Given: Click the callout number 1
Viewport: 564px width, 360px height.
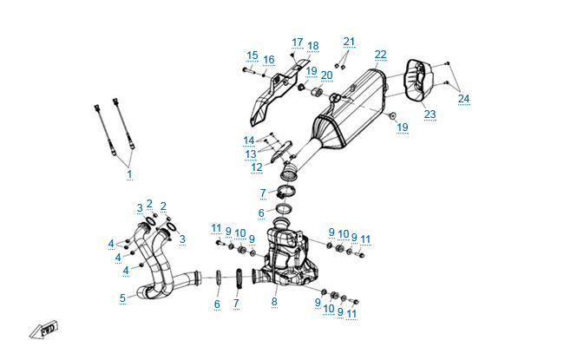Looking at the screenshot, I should click(129, 174).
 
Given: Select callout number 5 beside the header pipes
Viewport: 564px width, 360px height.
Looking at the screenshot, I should click(122, 298).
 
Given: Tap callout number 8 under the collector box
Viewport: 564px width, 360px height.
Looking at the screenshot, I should click(274, 302).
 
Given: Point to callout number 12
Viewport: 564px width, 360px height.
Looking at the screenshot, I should click(256, 167).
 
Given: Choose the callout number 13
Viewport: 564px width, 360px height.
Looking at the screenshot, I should click(249, 154).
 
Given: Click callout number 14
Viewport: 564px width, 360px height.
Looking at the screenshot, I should click(249, 141).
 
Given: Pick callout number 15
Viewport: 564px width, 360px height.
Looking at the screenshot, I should click(252, 56).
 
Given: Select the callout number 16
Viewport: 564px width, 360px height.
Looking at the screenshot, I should click(269, 60).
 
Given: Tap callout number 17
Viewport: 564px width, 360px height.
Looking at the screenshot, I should click(298, 42).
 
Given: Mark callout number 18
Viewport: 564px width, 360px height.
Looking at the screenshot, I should click(313, 46).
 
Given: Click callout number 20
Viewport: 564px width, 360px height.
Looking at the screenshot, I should click(326, 75).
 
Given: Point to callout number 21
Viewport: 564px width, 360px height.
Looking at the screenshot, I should click(349, 42).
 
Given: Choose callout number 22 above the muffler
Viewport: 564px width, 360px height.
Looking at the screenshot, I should click(380, 55).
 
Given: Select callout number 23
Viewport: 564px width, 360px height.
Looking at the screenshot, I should click(430, 114).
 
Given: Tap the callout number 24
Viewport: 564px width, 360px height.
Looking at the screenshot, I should click(464, 98).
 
